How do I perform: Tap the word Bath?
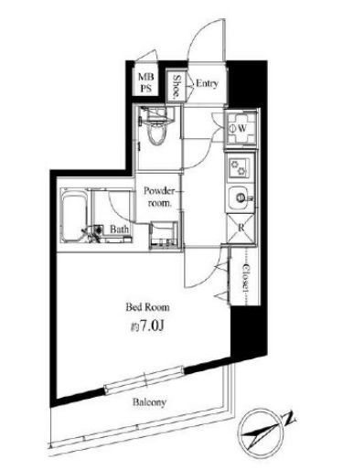119,230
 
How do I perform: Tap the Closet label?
246,275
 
